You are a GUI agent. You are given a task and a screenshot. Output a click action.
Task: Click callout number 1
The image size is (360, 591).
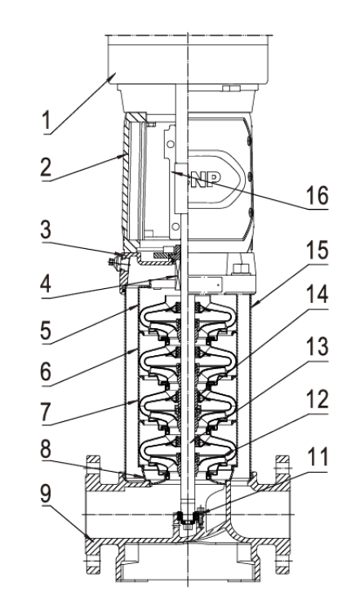tap(46, 121)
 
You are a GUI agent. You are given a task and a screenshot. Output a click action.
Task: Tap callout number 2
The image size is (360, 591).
tap(46, 167)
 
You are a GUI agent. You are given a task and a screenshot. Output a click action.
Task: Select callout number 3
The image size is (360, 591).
tap(46, 229)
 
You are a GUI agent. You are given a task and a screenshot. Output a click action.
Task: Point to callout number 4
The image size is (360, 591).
tap(46, 283)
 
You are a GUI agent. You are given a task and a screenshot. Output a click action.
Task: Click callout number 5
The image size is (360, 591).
tap(46, 331)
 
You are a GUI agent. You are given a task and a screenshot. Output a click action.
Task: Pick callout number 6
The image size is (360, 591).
tap(46, 372)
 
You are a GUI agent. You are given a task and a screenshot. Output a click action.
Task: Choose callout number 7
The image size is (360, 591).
tap(46, 412)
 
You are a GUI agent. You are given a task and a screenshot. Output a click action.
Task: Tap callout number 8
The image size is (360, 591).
tap(46, 449)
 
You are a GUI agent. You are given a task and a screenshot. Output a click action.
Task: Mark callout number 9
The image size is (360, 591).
tap(46, 493)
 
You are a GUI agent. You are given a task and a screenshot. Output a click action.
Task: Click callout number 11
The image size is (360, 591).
tap(318, 457)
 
